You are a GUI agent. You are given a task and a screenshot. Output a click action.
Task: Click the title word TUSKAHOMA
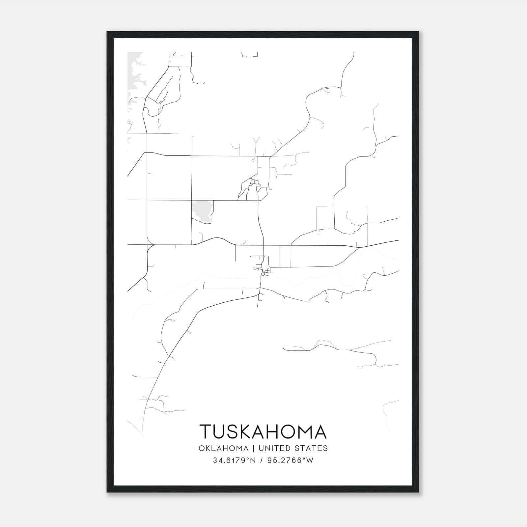point(263,431)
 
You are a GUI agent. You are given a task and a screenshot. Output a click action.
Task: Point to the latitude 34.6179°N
point(234,460)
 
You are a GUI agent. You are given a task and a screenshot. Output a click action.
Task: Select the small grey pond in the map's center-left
point(202,211)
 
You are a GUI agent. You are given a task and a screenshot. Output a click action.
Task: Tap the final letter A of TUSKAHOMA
point(319,431)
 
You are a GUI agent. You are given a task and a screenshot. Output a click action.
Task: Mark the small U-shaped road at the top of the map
point(249,55)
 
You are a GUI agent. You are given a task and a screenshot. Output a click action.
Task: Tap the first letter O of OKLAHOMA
point(202,448)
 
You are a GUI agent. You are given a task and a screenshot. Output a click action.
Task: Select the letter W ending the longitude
point(310,460)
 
